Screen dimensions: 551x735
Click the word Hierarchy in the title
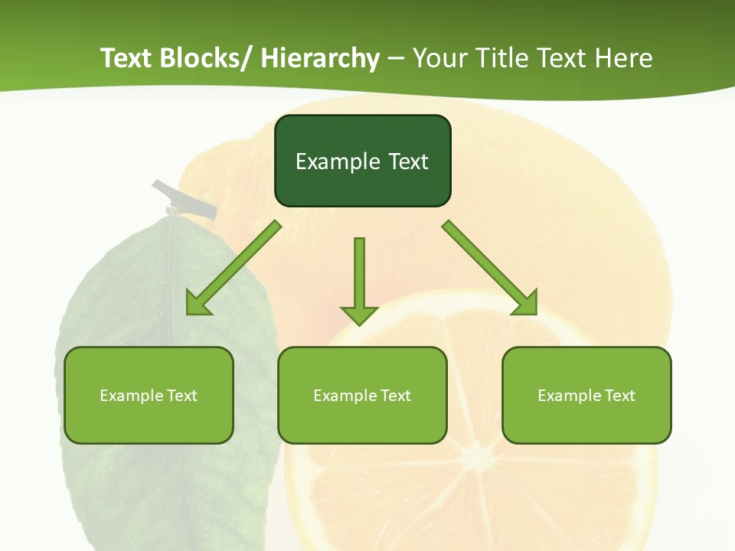click(x=320, y=58)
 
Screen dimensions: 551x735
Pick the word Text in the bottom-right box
click(x=619, y=396)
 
